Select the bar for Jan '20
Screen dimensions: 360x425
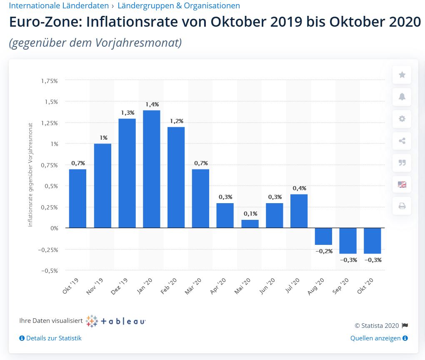click(151, 169)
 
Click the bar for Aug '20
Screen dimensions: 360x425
click(323, 236)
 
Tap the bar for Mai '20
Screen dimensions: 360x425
click(250, 224)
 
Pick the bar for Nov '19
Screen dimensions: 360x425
click(102, 186)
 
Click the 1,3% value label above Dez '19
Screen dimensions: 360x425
click(127, 113)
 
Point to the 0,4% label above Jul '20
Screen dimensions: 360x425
click(299, 189)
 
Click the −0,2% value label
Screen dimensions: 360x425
click(324, 251)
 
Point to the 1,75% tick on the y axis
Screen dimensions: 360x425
click(49, 81)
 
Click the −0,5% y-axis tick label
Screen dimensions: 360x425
click(49, 270)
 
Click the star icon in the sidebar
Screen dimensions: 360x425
click(402, 75)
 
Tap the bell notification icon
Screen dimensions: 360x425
click(402, 97)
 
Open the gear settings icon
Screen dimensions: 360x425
click(402, 119)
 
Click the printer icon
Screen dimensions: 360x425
click(402, 206)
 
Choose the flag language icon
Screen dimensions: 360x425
click(402, 184)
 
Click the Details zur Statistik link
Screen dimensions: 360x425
click(50, 338)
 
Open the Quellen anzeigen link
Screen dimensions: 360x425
click(379, 338)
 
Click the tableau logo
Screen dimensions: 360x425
click(115, 321)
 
